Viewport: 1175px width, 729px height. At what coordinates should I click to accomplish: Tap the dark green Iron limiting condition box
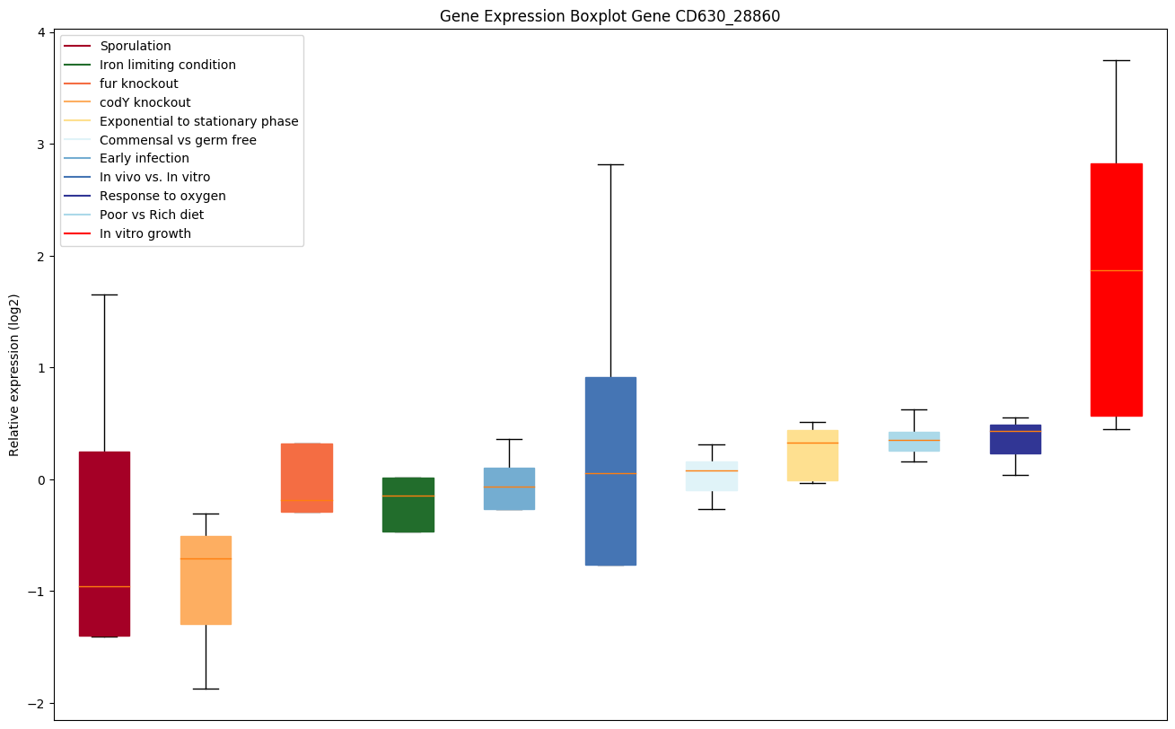(x=408, y=505)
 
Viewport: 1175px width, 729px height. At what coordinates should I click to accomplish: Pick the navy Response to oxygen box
(x=1015, y=439)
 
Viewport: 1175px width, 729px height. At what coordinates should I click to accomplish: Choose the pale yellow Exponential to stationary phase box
(x=812, y=455)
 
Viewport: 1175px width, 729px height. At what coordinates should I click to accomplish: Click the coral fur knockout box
(x=307, y=478)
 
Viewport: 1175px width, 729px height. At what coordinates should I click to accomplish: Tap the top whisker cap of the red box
(x=1116, y=60)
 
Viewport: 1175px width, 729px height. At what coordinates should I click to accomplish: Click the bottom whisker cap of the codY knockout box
(x=206, y=689)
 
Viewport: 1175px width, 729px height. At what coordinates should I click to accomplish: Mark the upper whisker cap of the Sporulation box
(x=104, y=294)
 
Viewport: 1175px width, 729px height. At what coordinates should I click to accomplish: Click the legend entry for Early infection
(x=145, y=159)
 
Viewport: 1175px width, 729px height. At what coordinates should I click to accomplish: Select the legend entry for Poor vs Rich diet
(x=152, y=215)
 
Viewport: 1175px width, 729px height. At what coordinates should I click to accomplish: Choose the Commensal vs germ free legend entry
(x=178, y=140)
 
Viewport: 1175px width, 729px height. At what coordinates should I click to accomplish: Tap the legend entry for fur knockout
(x=139, y=83)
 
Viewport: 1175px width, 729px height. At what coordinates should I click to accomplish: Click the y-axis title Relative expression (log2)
(x=14, y=374)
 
